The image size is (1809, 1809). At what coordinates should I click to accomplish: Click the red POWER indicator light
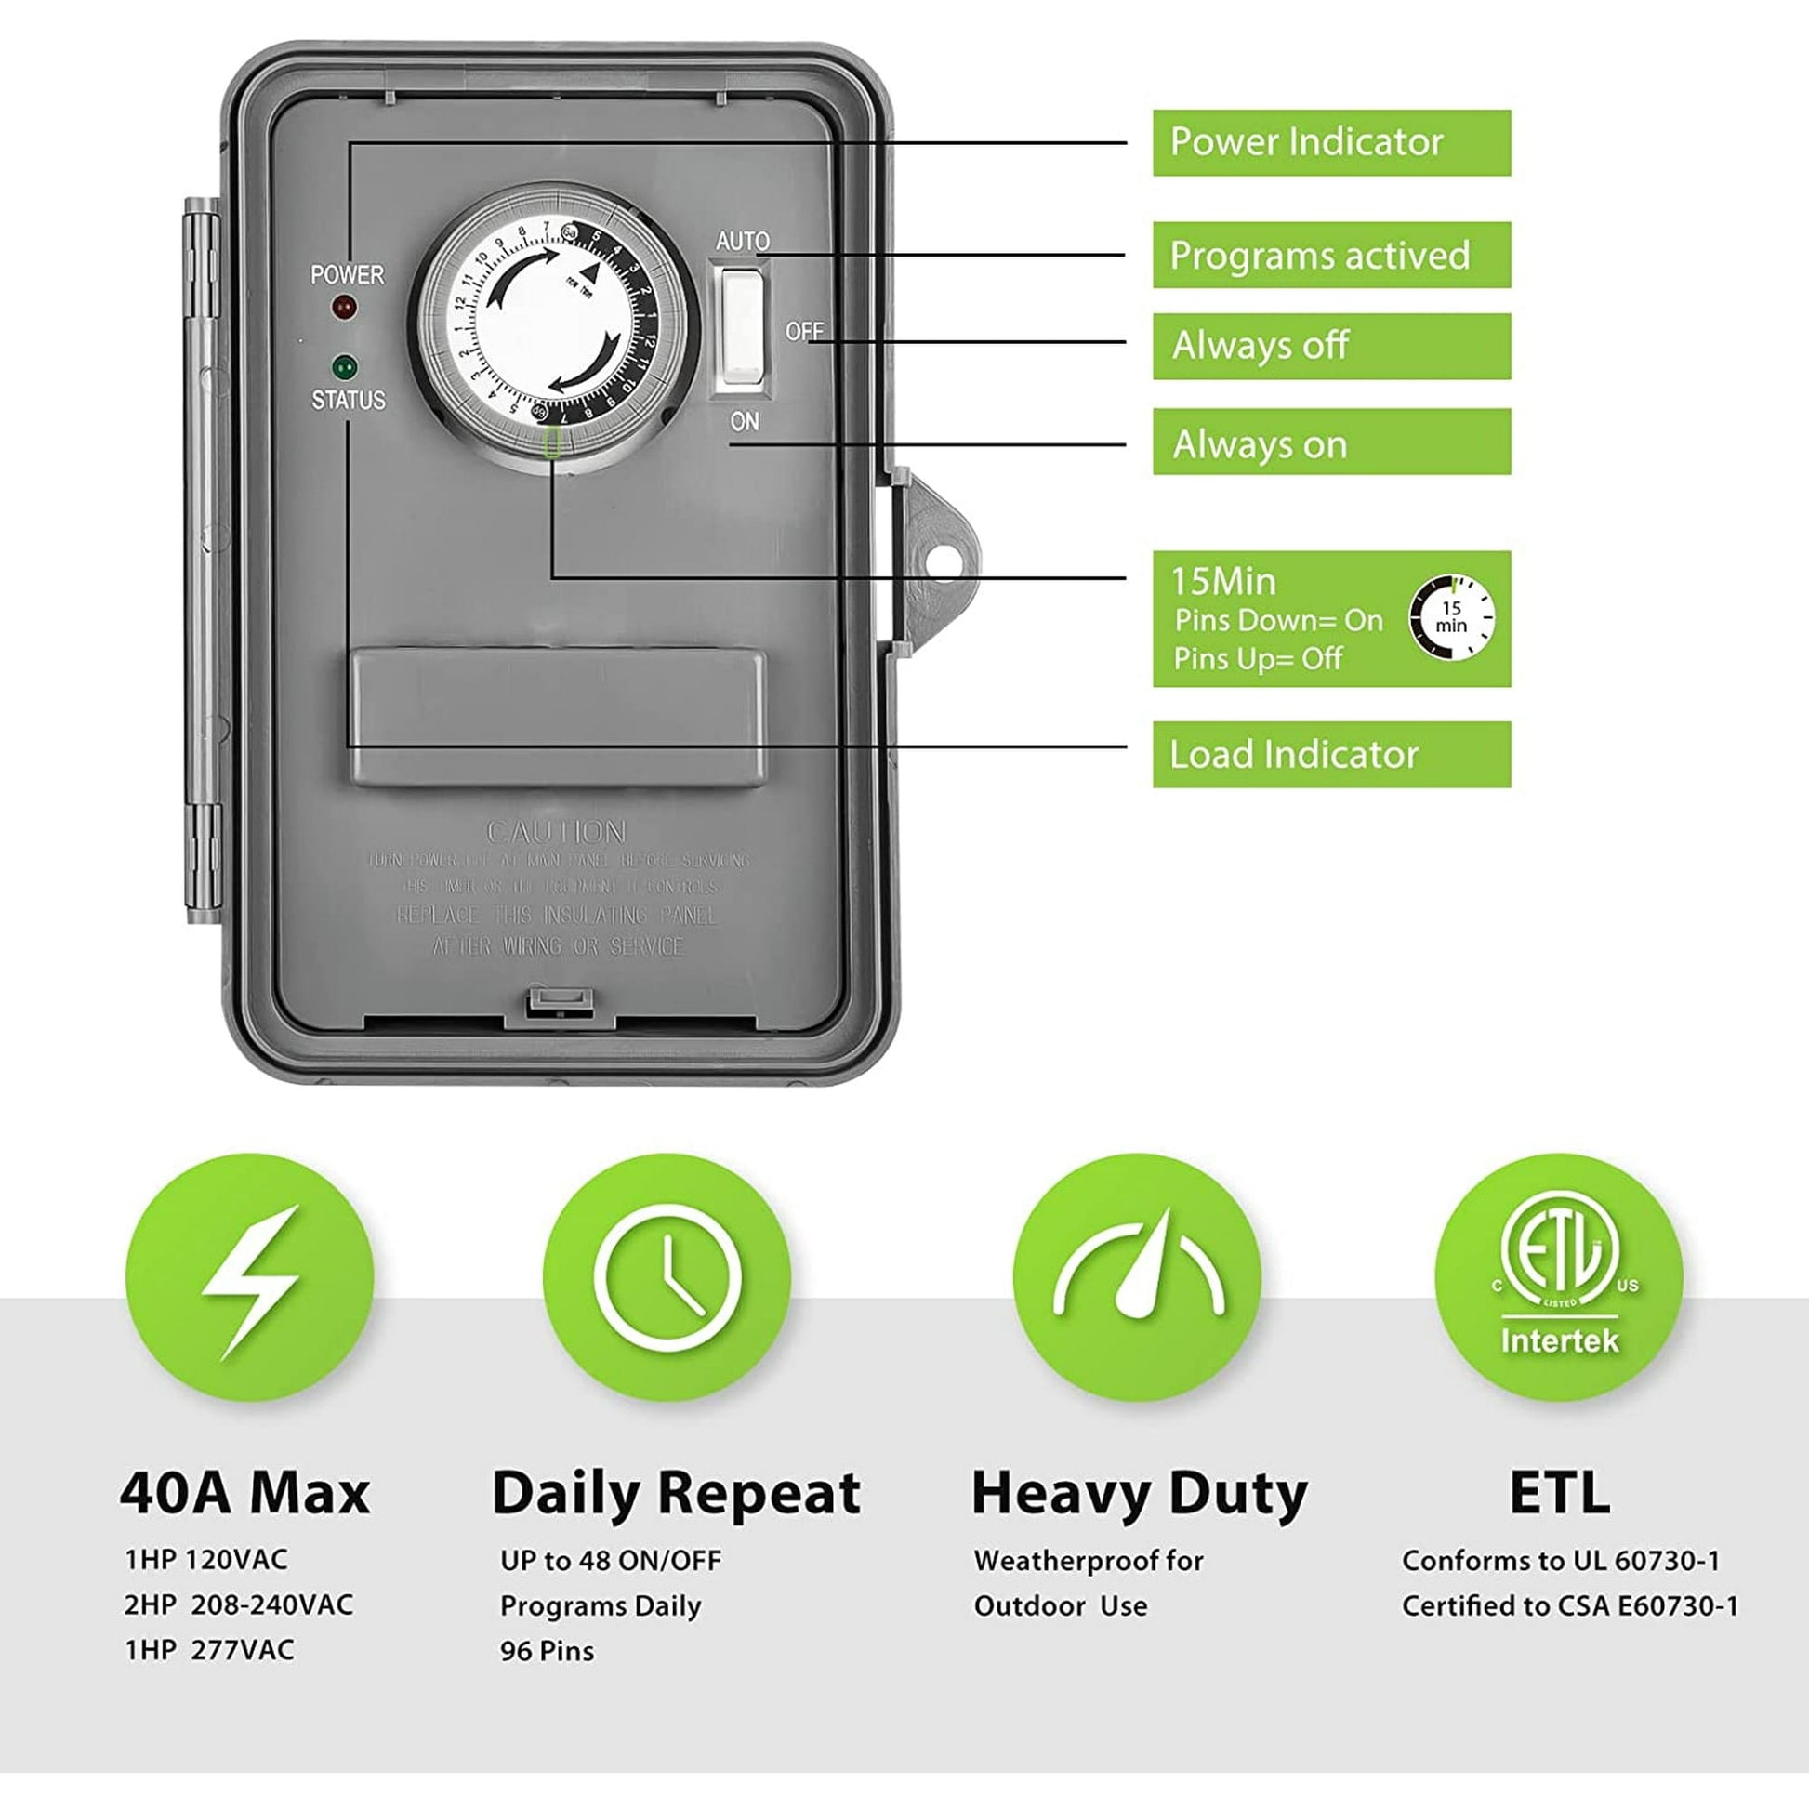(345, 306)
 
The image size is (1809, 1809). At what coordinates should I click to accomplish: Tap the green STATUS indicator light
(345, 365)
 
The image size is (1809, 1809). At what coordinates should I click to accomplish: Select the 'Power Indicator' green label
(1330, 142)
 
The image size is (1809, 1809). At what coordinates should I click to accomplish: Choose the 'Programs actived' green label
(1330, 255)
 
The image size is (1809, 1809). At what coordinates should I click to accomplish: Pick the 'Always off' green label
(1330, 347)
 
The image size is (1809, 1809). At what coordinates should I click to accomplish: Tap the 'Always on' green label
(1330, 442)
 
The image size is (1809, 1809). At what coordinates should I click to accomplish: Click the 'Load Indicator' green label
(1330, 754)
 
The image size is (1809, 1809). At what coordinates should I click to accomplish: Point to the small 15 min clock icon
(1450, 618)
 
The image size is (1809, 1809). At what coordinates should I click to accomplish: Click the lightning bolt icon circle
(250, 1277)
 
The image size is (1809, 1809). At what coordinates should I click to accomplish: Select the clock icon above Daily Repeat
(667, 1277)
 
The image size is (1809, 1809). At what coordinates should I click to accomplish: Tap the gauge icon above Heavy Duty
(1137, 1277)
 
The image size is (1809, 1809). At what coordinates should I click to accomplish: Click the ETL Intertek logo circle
(1558, 1277)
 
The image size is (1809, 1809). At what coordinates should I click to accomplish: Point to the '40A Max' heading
(245, 1494)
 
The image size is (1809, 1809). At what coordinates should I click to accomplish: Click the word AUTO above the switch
(743, 241)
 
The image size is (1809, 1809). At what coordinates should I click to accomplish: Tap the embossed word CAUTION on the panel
(556, 831)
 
